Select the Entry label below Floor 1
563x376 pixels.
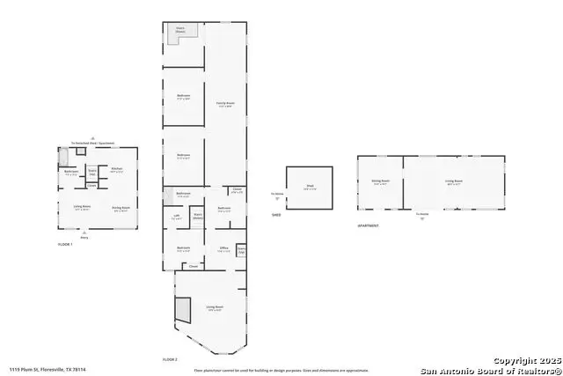tap(84, 237)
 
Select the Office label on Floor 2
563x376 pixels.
tap(223, 249)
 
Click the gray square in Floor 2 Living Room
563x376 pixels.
tap(182, 309)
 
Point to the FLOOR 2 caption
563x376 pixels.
tap(170, 360)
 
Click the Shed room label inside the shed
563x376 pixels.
tap(310, 186)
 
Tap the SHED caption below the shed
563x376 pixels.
tap(276, 214)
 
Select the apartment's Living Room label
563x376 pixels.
tap(454, 182)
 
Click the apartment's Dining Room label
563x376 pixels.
tap(380, 182)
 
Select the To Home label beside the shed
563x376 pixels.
tap(277, 194)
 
